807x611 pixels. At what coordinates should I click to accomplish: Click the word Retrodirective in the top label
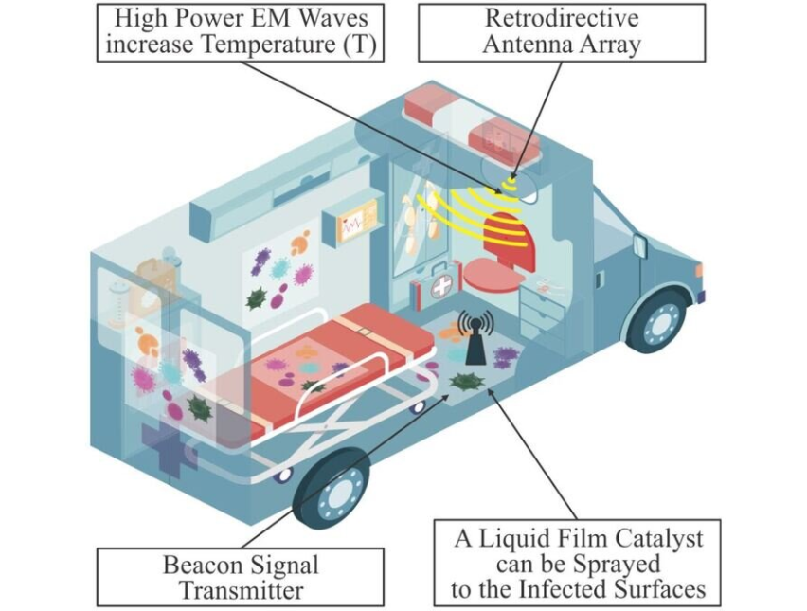pyautogui.click(x=562, y=19)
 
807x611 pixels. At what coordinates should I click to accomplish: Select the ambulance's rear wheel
pyautogui.click(x=332, y=488)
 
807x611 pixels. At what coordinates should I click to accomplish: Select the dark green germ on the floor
pyautogui.click(x=467, y=382)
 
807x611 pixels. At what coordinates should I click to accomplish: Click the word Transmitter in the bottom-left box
pyautogui.click(x=241, y=590)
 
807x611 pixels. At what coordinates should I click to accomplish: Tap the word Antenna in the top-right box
pyautogui.click(x=527, y=45)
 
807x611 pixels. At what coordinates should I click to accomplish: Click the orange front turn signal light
pyautogui.click(x=698, y=270)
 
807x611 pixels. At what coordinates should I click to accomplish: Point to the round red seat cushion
pyautogui.click(x=493, y=272)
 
